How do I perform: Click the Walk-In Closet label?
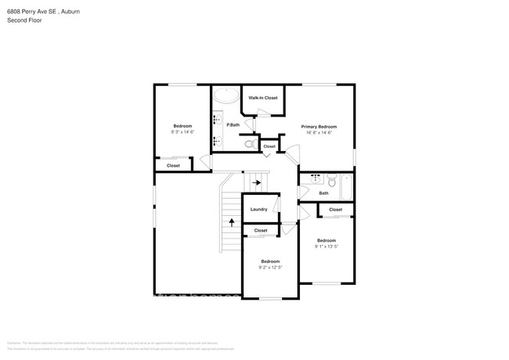[262, 98]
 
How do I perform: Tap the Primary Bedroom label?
[319, 126]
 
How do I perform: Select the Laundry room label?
[258, 209]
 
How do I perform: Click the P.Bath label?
[233, 125]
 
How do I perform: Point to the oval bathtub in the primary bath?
[226, 96]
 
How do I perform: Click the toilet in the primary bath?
[250, 144]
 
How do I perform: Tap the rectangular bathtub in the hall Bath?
[347, 186]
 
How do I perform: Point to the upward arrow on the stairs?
[232, 222]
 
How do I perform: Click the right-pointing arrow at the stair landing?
[256, 183]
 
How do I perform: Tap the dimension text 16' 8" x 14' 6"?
[319, 132]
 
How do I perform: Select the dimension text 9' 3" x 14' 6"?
[182, 132]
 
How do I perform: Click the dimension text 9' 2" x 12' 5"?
[269, 268]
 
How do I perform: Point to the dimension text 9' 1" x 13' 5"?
[327, 247]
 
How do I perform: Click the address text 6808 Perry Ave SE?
[31, 12]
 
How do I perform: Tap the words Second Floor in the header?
[24, 20]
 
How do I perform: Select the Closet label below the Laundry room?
[261, 231]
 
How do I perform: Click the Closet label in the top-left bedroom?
[173, 165]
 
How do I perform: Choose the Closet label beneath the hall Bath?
[335, 209]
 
